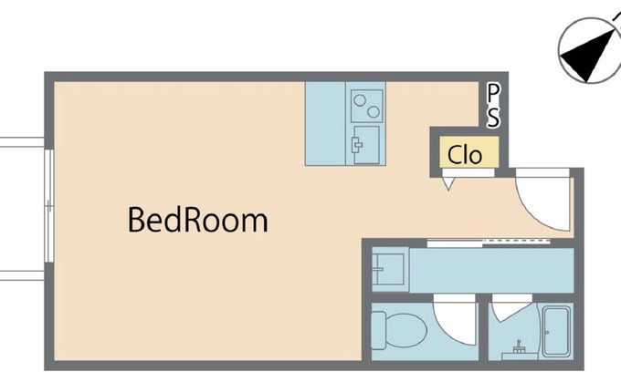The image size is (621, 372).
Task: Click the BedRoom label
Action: click(x=198, y=220)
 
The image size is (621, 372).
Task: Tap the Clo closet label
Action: click(x=465, y=154)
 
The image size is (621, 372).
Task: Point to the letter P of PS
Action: click(x=492, y=93)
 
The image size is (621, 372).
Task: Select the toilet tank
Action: click(x=379, y=330)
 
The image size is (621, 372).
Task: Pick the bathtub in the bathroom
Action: click(x=556, y=332)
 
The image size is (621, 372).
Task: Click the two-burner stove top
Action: click(x=367, y=106)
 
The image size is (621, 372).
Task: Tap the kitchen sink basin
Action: click(x=365, y=145)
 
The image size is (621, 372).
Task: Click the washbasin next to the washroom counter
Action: click(x=388, y=269)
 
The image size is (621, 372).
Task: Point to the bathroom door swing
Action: click(x=510, y=309)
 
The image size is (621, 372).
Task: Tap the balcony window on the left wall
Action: click(x=48, y=205)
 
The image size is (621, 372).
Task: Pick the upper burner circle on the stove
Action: click(x=360, y=100)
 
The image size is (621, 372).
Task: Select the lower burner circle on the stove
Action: click(x=374, y=112)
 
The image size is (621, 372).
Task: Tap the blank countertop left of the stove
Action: click(x=325, y=123)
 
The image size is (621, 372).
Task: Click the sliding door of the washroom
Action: click(x=489, y=243)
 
